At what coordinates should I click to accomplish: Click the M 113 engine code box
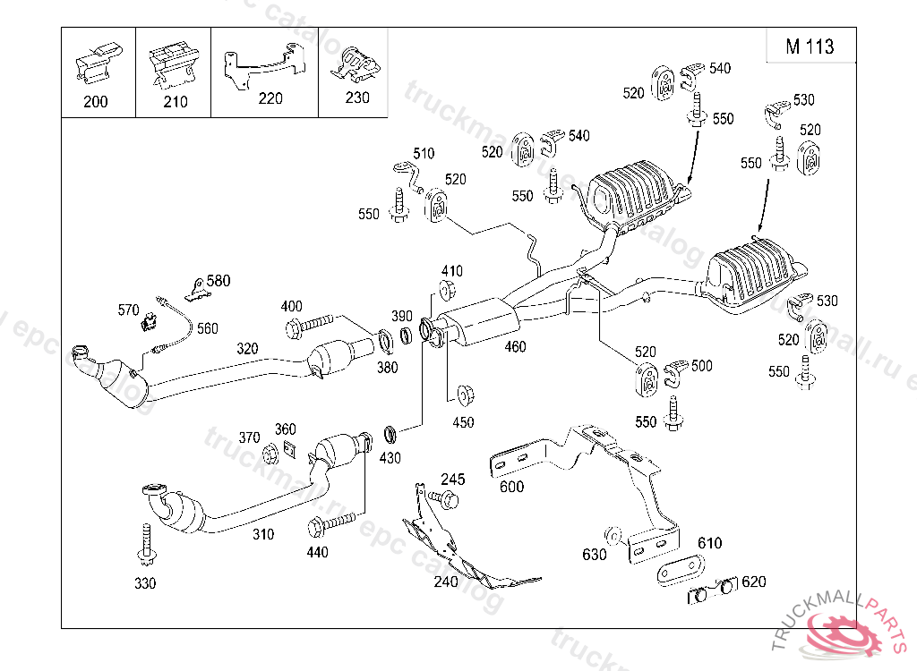pos(810,47)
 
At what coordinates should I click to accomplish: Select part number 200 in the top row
pos(95,102)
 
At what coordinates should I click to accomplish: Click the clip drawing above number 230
pos(356,64)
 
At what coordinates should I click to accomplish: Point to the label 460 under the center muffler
pos(515,347)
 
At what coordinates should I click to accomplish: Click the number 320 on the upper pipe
pos(248,348)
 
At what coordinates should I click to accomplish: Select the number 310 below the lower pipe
pos(263,534)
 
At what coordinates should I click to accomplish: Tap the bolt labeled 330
pos(146,546)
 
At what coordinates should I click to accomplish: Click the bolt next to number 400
pos(310,324)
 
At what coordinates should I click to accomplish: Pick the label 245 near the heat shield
pos(453,480)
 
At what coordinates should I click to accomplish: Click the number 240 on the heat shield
pos(446,582)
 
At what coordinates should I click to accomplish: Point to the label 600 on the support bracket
pos(512,487)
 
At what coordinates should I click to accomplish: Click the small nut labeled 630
pos(616,536)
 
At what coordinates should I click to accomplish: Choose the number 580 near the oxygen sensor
pos(218,281)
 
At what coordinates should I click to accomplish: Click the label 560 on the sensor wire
pos(207,328)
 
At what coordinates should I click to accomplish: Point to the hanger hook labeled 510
pos(408,172)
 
